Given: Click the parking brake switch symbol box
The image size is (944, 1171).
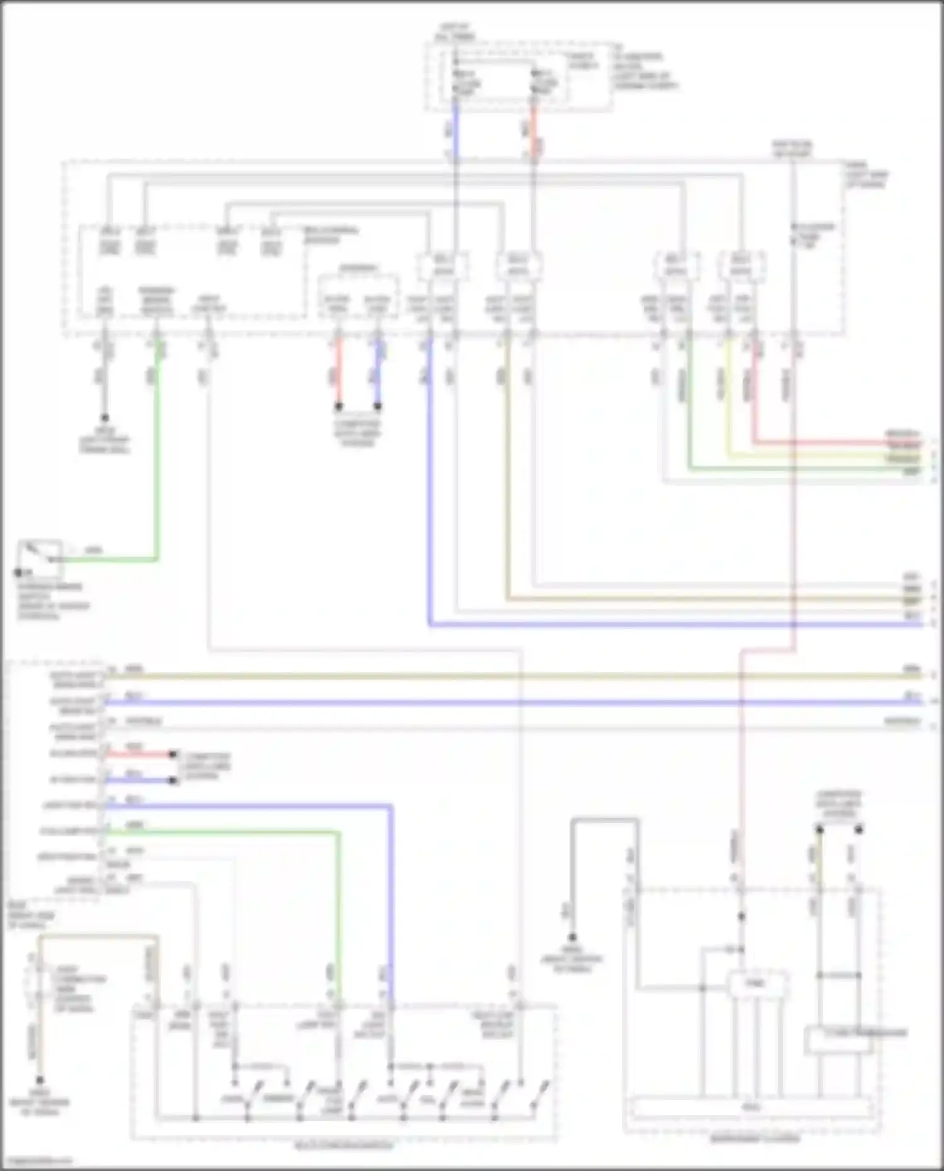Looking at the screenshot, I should pyautogui.click(x=40, y=559).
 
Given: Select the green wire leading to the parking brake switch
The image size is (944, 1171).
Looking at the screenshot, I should pyautogui.click(x=157, y=472).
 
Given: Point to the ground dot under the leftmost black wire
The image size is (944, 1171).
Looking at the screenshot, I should pyautogui.click(x=104, y=418).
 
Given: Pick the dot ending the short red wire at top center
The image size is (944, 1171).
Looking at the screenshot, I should pyautogui.click(x=338, y=406).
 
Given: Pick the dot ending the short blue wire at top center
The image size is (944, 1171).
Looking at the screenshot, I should pyautogui.click(x=378, y=406).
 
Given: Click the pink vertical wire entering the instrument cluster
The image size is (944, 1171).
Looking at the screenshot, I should pyautogui.click(x=741, y=787).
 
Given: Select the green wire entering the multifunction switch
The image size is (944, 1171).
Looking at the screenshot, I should pyautogui.click(x=340, y=912).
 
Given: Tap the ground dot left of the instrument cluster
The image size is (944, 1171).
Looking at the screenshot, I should pyautogui.click(x=572, y=938).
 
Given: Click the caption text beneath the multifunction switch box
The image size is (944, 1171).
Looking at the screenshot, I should pyautogui.click(x=344, y=1145).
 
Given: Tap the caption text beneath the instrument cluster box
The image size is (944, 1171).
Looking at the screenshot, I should pyautogui.click(x=754, y=1139).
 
